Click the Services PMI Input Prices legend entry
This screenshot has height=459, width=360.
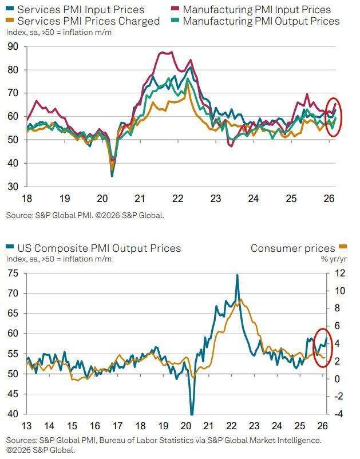tap(80, 10)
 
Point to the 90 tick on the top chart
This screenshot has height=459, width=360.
tap(13, 46)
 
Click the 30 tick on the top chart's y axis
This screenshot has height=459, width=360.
tap(13, 187)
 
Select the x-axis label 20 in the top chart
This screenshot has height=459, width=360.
tap(102, 199)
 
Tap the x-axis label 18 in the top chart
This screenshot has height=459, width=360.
tap(27, 199)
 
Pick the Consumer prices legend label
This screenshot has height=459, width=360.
tap(292, 248)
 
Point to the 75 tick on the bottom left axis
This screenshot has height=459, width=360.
tap(13, 273)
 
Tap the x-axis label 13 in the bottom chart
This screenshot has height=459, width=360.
tap(27, 426)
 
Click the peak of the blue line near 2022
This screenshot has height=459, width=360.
tap(237, 275)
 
